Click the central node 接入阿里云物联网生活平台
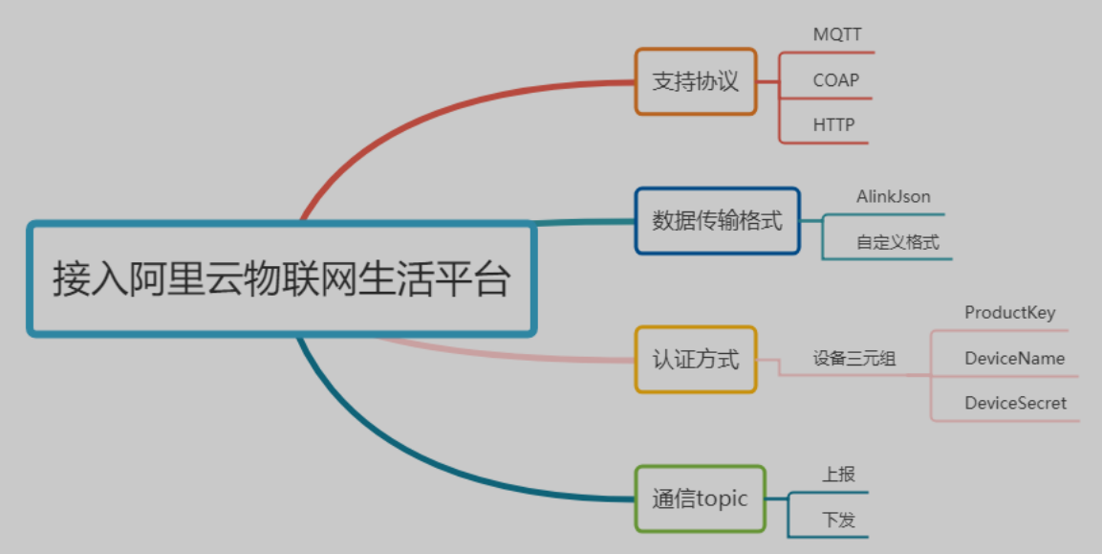281,279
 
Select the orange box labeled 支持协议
696,81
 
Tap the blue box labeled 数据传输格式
717,221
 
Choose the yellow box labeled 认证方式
696,360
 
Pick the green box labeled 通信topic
701,499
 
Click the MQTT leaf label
837,34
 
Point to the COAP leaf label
836,80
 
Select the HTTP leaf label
833,125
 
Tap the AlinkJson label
894,197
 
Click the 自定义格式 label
897,242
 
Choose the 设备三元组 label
854,359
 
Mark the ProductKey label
1010,313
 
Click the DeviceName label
1014,359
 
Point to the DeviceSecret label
1015,404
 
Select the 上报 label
838,475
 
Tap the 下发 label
838,521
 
